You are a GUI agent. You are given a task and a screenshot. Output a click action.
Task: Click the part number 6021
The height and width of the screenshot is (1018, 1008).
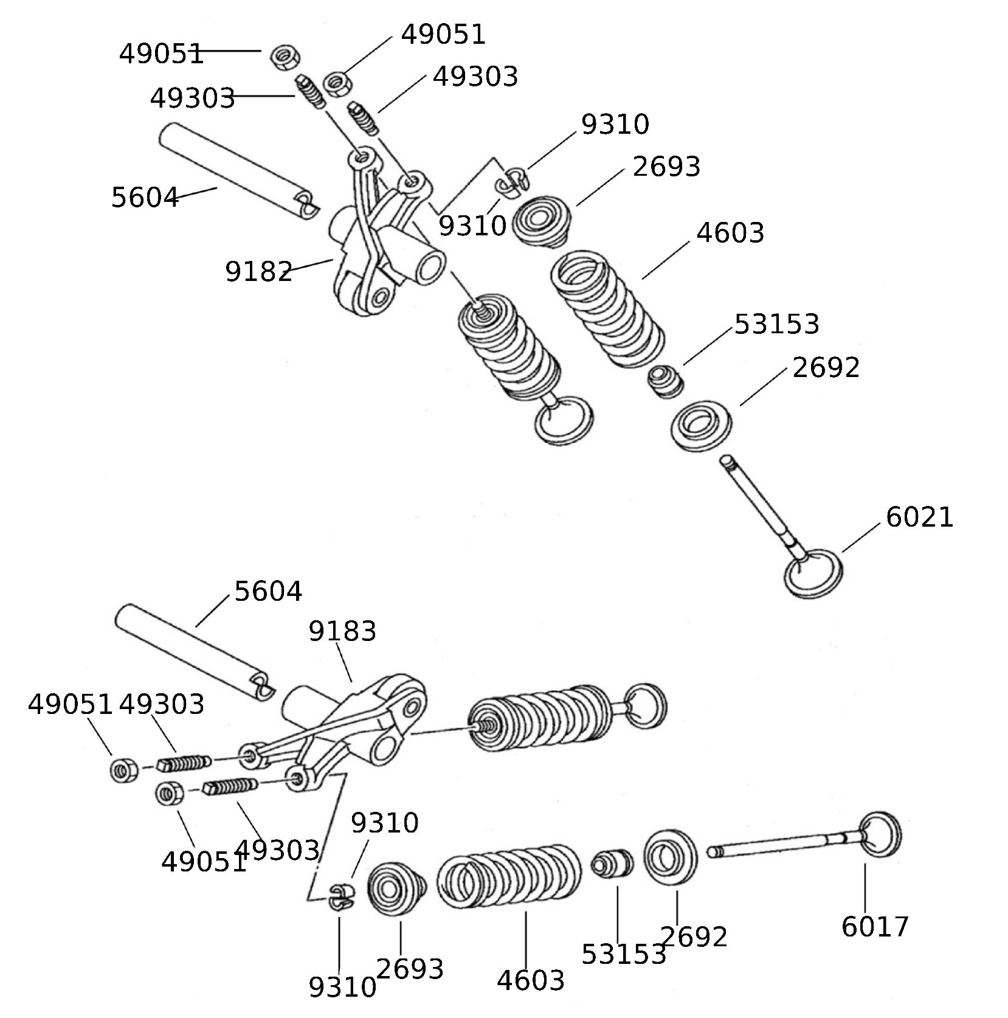[919, 518]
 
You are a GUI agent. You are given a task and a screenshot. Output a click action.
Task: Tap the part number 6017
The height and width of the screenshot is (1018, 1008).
[875, 927]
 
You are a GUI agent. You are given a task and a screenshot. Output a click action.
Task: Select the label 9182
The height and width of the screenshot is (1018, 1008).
[259, 272]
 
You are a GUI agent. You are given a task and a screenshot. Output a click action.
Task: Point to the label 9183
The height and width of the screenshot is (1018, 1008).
[342, 631]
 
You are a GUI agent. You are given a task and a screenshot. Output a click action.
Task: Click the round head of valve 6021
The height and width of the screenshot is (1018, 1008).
[813, 573]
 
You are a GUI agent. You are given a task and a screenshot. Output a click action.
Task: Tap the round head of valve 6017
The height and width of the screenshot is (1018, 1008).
[881, 834]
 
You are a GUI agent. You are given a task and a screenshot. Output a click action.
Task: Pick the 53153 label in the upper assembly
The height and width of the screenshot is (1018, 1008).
[777, 324]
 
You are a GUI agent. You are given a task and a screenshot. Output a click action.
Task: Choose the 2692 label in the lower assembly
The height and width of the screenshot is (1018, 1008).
[694, 937]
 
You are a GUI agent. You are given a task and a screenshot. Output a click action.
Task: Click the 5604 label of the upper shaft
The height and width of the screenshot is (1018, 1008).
[145, 198]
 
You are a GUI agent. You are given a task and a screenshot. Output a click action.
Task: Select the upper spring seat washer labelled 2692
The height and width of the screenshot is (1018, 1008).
[702, 425]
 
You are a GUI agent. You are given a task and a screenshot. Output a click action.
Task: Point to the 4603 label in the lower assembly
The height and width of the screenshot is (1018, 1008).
[531, 980]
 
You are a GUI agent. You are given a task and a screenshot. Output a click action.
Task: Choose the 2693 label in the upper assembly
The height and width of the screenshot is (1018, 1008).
[666, 167]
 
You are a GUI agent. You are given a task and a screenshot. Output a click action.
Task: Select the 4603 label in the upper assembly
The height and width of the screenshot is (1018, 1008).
[730, 233]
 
